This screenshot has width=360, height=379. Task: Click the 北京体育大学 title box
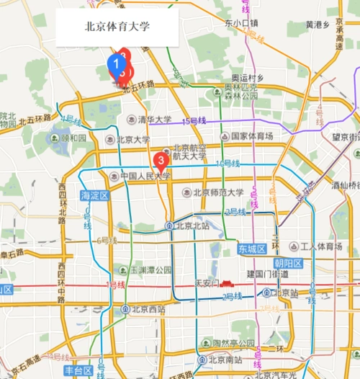(117, 27)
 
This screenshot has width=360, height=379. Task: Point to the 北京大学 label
(134, 141)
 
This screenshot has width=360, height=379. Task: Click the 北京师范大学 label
(212, 192)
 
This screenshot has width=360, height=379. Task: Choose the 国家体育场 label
(251, 136)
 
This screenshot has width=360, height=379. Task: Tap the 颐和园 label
(73, 138)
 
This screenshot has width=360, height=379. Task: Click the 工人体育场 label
(320, 246)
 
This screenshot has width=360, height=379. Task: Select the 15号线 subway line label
(194, 121)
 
